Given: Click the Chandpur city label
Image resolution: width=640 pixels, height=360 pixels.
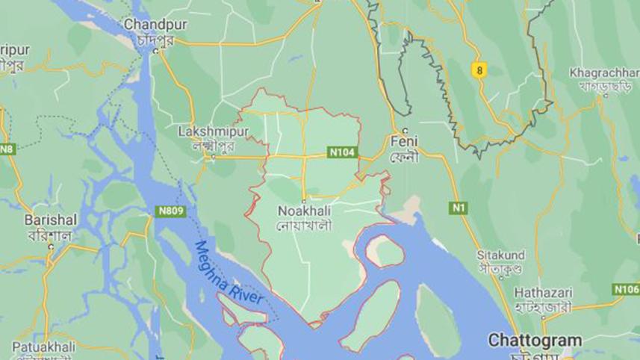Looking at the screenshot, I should point(155,25).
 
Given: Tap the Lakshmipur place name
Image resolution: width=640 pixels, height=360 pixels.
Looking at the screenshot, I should point(202,131).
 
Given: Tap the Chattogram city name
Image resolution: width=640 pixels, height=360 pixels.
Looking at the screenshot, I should point(535,341).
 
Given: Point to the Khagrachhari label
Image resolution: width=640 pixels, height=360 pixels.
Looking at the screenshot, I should point(603,73).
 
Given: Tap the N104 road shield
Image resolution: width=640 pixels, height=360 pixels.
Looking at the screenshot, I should point(343,152).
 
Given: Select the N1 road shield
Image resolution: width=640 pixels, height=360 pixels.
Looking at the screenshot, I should point(458,208).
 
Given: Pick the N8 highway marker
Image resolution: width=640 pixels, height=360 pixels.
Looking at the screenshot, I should point(7,149).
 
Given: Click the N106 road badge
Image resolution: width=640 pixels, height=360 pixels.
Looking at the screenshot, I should point(627,289).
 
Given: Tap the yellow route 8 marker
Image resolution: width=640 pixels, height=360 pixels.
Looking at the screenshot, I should point(479,70).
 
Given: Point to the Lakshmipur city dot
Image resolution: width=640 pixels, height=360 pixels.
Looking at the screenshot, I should point(214,157).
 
